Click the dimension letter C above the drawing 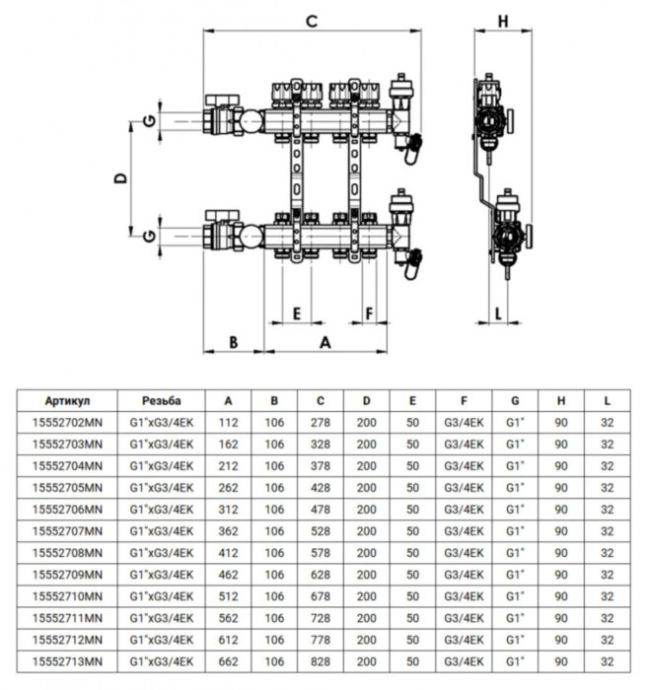[x=311, y=21]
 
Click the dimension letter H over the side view [x=501, y=21]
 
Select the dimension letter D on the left [x=119, y=179]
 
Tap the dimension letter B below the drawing [x=233, y=342]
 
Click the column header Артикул [x=68, y=401]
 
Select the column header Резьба [x=161, y=401]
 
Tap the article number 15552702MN [x=68, y=423]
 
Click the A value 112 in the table [x=229, y=423]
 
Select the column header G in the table [x=515, y=401]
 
